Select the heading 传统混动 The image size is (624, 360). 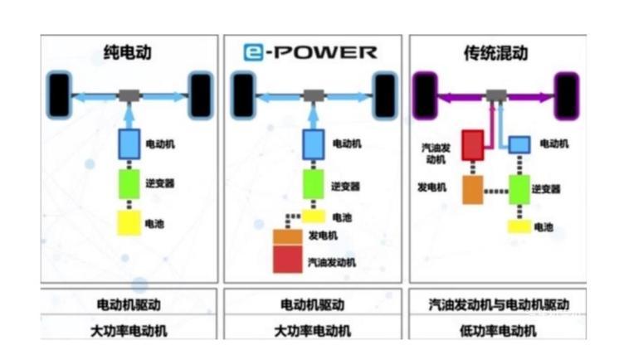pyautogui.click(x=496, y=53)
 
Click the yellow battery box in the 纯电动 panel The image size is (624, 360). pyautogui.click(x=129, y=223)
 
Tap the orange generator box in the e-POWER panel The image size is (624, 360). pyautogui.click(x=288, y=236)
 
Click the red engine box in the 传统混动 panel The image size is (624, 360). pyautogui.click(x=472, y=144)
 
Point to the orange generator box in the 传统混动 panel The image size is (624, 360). pyautogui.click(x=472, y=188)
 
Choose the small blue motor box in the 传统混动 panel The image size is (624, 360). pyautogui.click(x=519, y=144)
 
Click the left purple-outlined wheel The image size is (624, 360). pyautogui.click(x=426, y=95)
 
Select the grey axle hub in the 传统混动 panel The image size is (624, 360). pyautogui.click(x=496, y=95)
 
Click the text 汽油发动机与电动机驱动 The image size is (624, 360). pyautogui.click(x=496, y=304)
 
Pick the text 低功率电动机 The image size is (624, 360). pyautogui.click(x=496, y=331)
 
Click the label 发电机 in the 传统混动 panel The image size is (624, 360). pyautogui.click(x=431, y=187)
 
